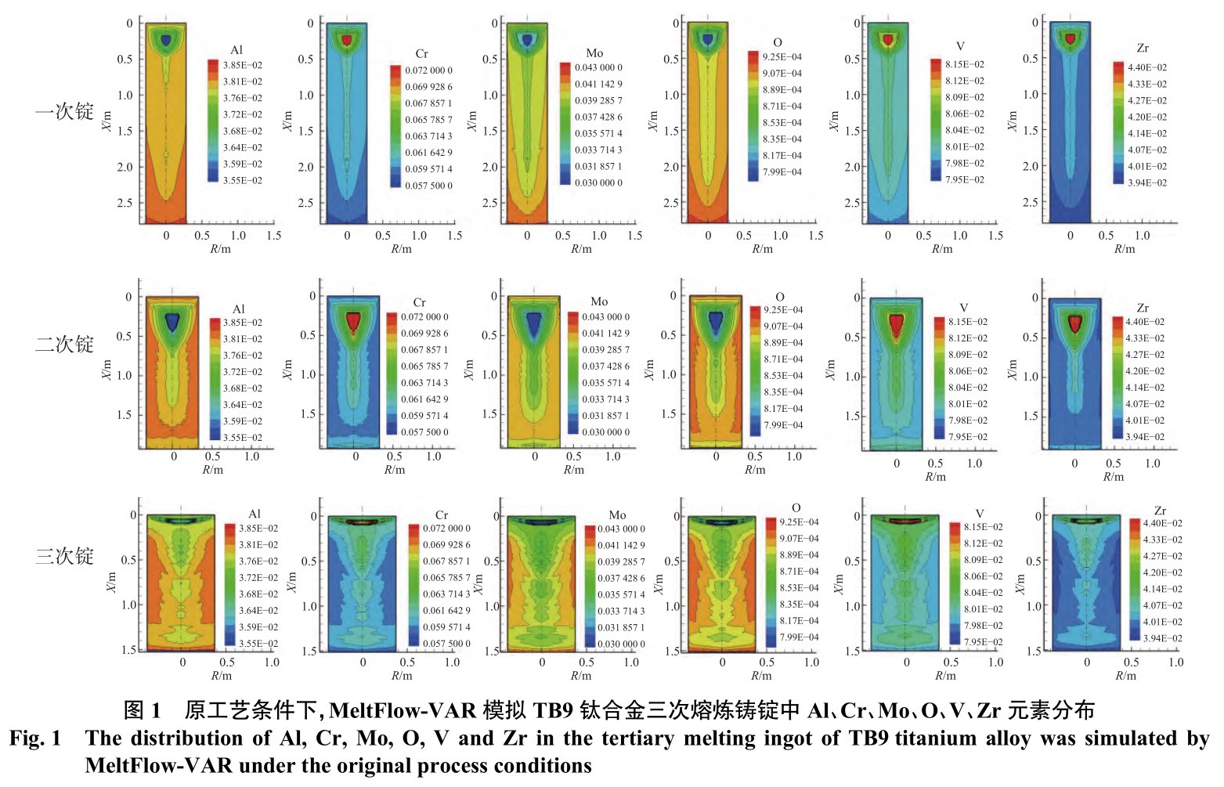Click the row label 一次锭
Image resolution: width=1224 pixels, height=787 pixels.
click(64, 112)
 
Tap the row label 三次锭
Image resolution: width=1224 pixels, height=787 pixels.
click(64, 556)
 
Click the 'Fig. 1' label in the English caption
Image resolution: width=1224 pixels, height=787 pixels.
click(35, 738)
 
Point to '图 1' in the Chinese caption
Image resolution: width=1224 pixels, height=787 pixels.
click(143, 710)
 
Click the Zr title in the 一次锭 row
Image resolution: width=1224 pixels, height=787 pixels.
click(1143, 49)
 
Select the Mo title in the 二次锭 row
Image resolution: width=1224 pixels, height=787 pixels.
click(599, 301)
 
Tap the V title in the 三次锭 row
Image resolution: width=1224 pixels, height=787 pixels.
click(980, 514)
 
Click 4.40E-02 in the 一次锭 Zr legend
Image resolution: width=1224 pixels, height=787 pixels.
click(1147, 67)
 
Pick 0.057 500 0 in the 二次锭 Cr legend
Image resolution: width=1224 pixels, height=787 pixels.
click(424, 431)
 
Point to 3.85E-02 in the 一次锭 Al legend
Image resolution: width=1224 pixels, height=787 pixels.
click(243, 65)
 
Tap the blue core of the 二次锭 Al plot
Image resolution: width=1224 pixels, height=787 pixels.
click(172, 321)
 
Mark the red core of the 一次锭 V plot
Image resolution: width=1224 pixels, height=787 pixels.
click(888, 39)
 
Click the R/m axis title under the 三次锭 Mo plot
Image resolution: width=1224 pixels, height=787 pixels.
click(581, 675)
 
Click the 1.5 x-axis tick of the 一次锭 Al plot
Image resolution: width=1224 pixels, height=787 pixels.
click(273, 235)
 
